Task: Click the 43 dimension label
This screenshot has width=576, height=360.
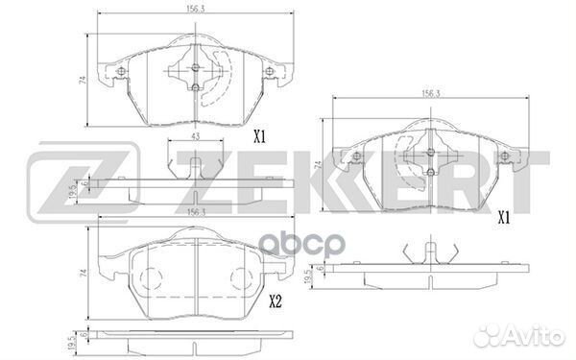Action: (196, 136)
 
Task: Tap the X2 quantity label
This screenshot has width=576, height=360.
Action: (276, 302)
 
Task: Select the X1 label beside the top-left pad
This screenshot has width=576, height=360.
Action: (259, 137)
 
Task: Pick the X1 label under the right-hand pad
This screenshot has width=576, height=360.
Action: (504, 219)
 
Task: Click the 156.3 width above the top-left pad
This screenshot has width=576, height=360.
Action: (196, 10)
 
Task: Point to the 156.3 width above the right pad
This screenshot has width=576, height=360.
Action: (430, 94)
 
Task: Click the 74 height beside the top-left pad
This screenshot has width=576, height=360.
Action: (83, 81)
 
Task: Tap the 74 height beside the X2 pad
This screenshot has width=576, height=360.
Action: (84, 273)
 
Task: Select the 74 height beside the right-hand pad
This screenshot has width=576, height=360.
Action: (318, 165)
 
